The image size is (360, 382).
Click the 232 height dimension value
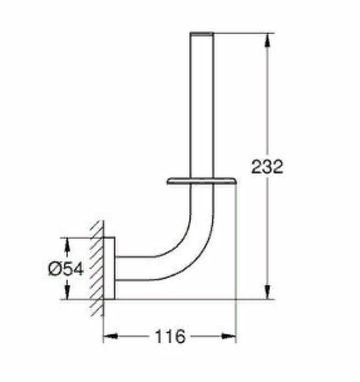[x=268, y=167]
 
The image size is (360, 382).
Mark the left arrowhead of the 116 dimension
[x=110, y=336]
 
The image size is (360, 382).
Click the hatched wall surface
[x=98, y=267]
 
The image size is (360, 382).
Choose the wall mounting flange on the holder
[x=109, y=267]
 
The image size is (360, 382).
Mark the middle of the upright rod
[x=202, y=108]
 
